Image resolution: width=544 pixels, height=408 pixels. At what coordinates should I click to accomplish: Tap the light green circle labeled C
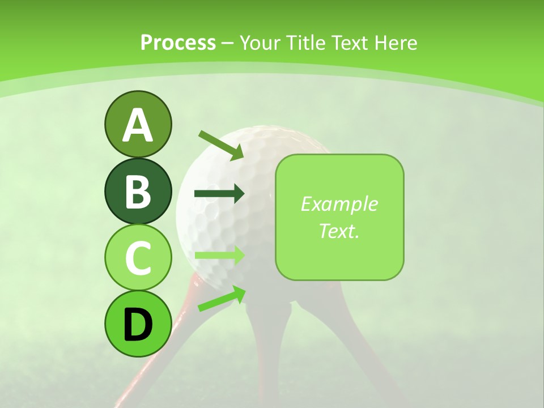138,258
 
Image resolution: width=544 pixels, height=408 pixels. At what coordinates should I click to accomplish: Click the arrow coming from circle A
221,145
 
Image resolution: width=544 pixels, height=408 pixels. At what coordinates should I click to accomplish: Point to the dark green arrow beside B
219,194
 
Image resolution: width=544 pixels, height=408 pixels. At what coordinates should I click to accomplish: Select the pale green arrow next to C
219,255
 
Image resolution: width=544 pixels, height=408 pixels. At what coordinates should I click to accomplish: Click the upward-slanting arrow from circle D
222,298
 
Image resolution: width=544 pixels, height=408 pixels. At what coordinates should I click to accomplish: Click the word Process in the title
178,42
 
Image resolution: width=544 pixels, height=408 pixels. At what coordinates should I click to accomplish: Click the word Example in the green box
339,204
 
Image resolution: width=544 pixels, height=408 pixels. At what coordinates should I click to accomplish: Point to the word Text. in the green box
339,231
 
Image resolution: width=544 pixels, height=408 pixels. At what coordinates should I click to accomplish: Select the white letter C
138,258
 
